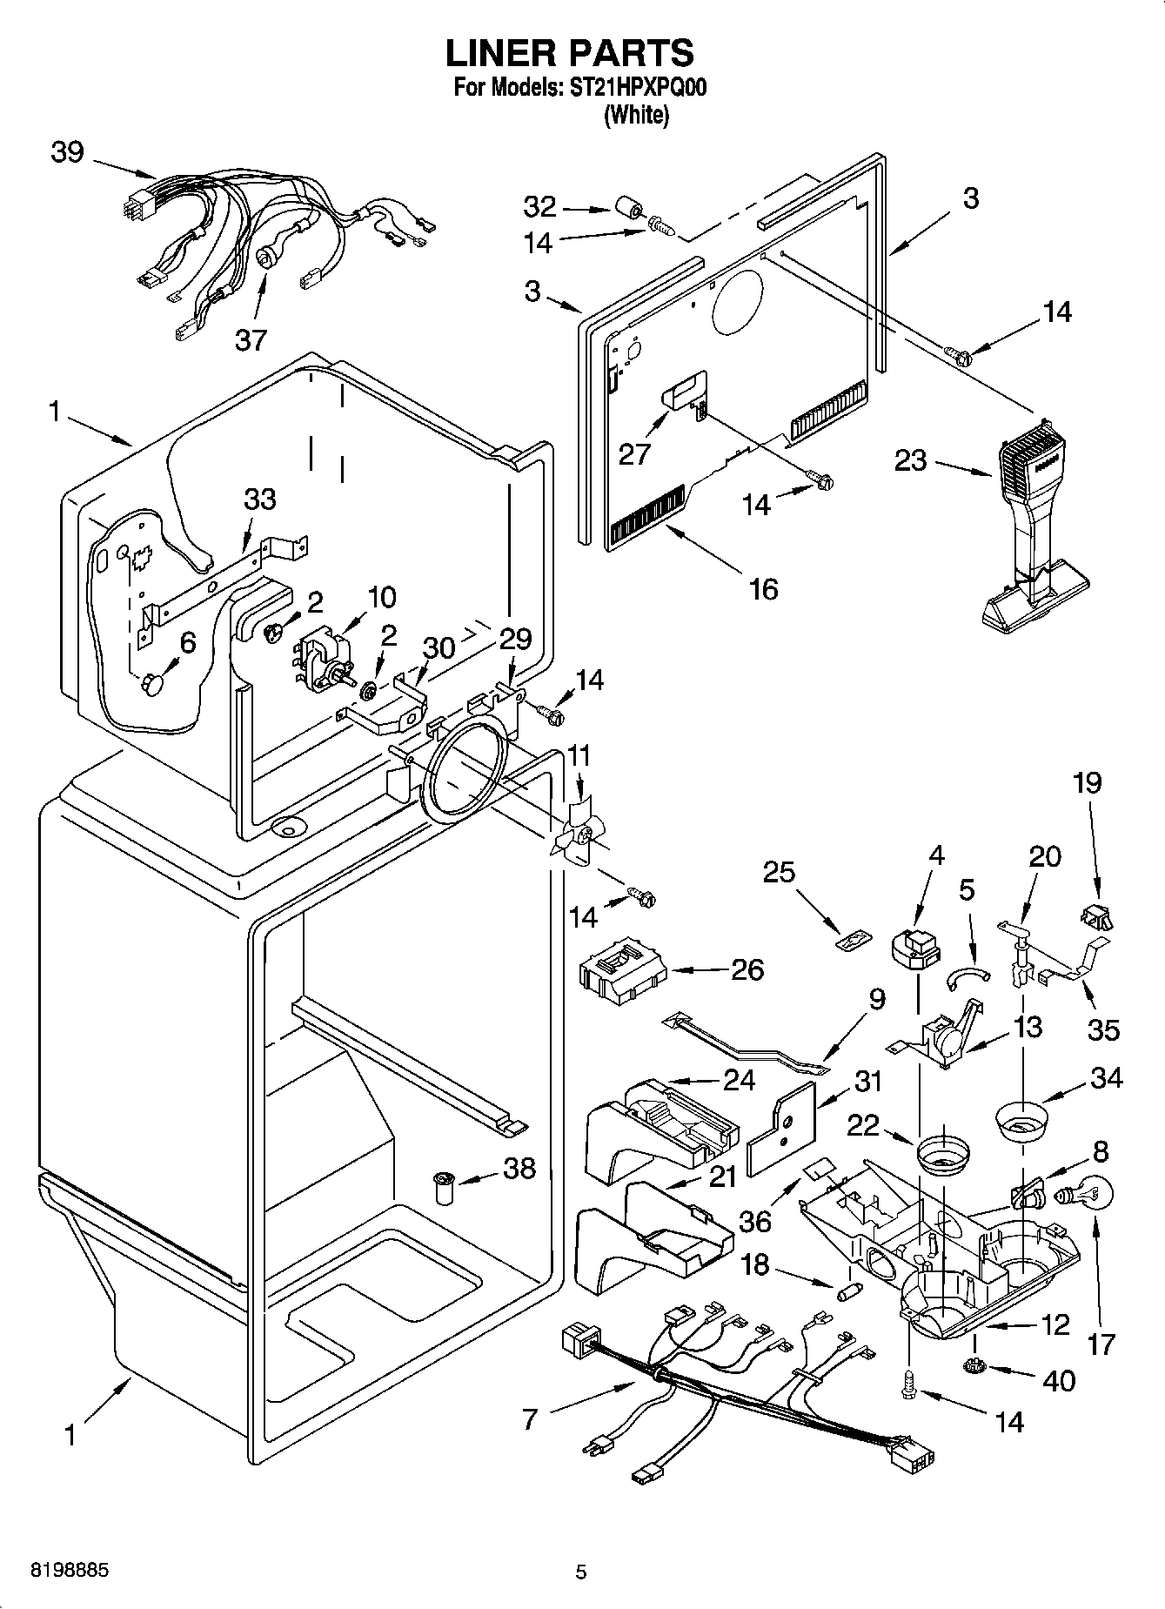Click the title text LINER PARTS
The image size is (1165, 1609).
click(x=570, y=54)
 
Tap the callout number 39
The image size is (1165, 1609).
click(x=67, y=152)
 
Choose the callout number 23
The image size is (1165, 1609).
click(x=911, y=460)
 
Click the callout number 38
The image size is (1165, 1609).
click(x=519, y=1168)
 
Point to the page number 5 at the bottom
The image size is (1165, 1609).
click(x=581, y=1572)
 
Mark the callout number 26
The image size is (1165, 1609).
click(x=747, y=969)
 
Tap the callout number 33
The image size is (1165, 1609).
click(x=259, y=499)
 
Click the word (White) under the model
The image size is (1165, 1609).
click(x=636, y=115)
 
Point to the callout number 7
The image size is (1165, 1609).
click(x=530, y=1420)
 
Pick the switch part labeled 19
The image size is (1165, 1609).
click(x=1095, y=916)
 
